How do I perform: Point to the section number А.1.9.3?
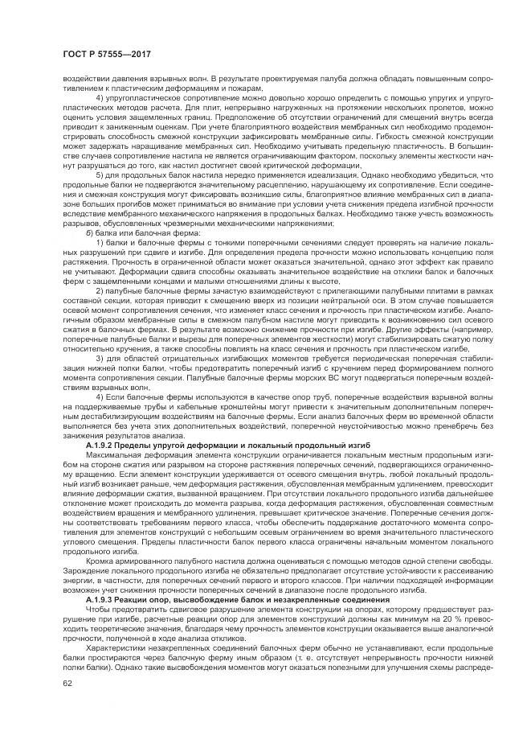click(104, 599)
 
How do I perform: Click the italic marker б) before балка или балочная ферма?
click(89, 244)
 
